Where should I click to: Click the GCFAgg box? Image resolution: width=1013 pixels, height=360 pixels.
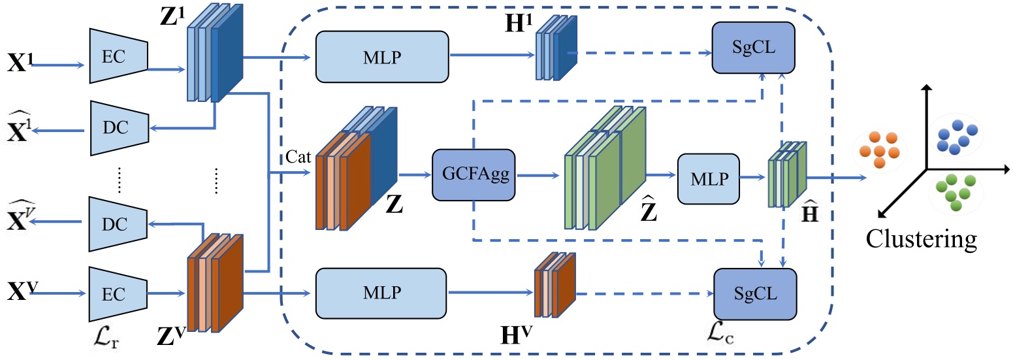[x=474, y=174]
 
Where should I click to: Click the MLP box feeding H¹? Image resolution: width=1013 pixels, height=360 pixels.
[x=383, y=57]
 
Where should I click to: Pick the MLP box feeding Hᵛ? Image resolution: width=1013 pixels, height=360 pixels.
[x=383, y=292]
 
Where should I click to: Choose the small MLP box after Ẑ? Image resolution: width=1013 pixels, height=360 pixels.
[x=709, y=178]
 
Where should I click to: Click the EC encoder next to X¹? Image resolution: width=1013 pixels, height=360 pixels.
[x=118, y=57]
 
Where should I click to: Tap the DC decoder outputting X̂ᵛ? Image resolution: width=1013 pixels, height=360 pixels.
[x=118, y=223]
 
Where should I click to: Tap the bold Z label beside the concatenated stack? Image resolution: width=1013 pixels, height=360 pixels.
[x=394, y=207]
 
